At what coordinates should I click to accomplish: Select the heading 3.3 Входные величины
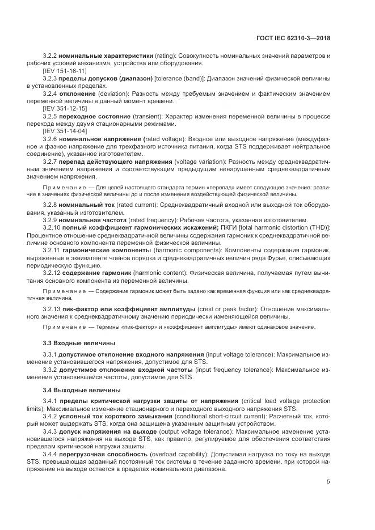tap(79, 343)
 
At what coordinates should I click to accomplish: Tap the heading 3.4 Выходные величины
tap(81, 389)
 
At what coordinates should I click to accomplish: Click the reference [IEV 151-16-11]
tap(65, 71)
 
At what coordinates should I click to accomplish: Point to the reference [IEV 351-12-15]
tap(65, 108)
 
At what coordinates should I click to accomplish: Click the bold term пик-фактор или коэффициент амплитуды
tap(129, 308)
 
